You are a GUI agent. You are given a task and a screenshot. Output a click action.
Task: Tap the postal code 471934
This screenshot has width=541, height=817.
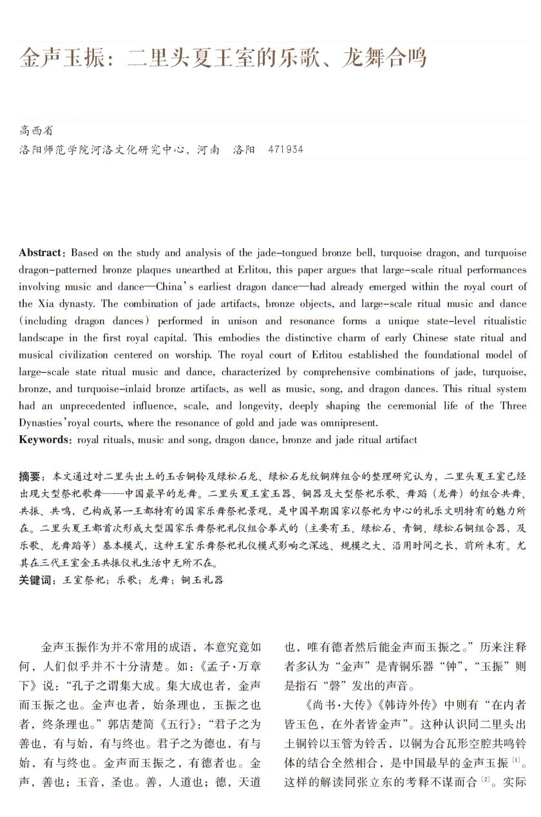pyautogui.click(x=285, y=150)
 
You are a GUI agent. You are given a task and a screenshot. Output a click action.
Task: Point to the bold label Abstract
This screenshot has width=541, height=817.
pyautogui.click(x=40, y=253)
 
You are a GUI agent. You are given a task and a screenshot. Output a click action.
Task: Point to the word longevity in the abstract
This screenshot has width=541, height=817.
pyautogui.click(x=265, y=406)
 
